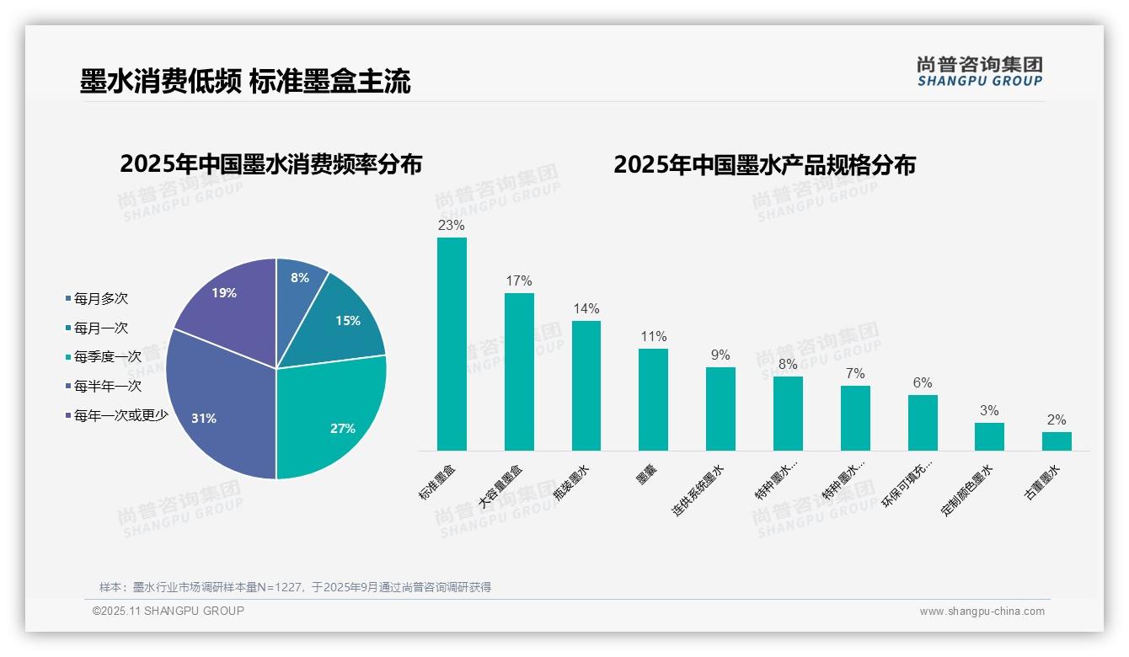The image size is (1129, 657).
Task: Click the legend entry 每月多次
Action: point(100,299)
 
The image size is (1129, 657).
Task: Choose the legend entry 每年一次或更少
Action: point(120,415)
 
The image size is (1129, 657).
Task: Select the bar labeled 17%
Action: point(519,371)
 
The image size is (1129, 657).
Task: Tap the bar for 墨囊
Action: point(653,399)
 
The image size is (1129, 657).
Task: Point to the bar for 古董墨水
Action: point(1057,441)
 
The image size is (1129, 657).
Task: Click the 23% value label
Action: point(451,226)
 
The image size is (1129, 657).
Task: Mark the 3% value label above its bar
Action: point(989,411)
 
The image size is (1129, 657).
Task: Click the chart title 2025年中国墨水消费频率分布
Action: point(270,164)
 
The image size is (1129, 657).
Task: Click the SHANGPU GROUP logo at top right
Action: point(979,71)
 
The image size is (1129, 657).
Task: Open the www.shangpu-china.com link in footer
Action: point(982,612)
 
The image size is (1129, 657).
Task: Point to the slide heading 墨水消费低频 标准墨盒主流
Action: point(245,82)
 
